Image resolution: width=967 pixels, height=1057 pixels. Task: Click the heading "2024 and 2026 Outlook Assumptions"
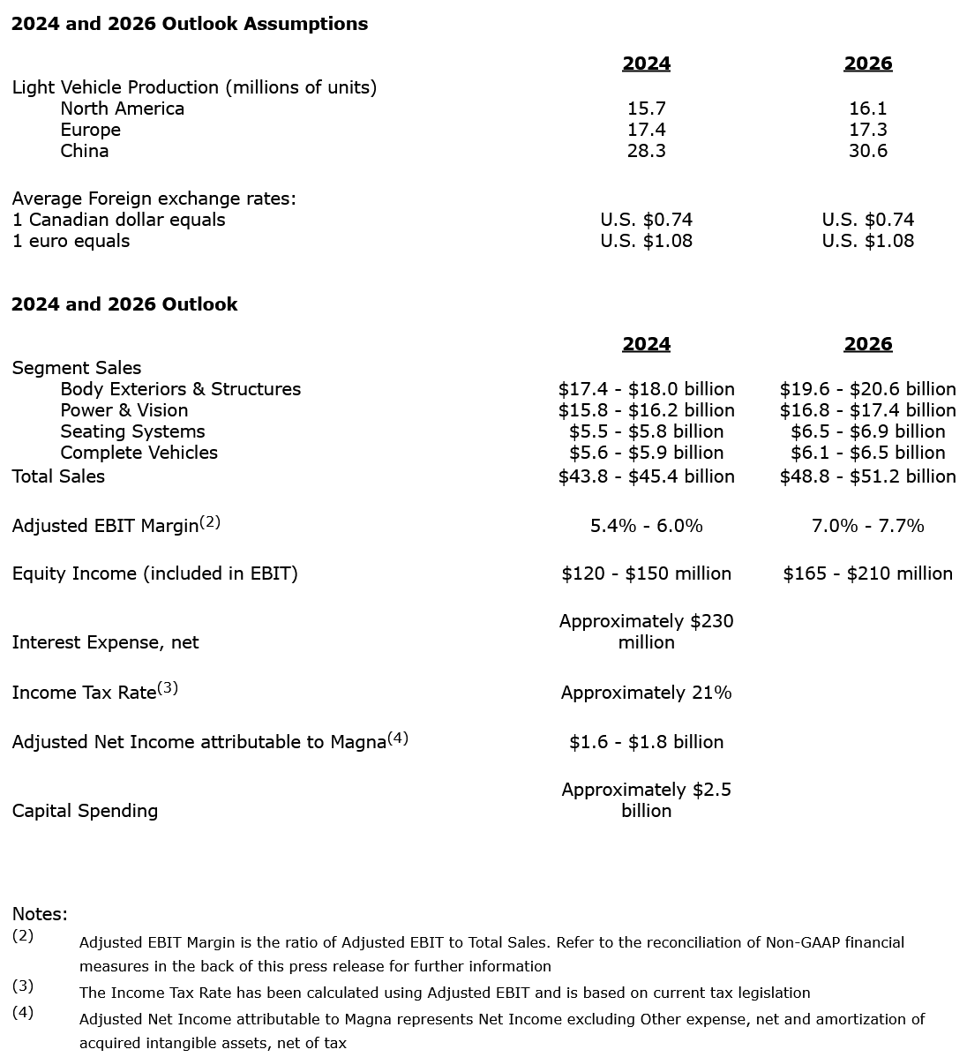pos(190,24)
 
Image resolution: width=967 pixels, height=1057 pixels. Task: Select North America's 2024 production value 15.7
pos(646,109)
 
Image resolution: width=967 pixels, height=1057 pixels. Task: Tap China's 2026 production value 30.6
pos(867,151)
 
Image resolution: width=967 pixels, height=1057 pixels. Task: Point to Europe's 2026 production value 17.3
pos(867,130)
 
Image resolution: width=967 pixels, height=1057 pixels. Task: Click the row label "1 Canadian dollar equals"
pos(119,220)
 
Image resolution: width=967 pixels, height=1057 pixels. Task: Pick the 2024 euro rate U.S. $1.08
pos(646,241)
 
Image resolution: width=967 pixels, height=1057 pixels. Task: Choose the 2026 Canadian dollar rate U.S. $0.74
pos(867,220)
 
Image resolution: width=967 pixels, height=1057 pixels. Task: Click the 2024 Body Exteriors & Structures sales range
pos(646,389)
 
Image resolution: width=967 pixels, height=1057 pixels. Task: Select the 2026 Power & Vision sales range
pos(867,410)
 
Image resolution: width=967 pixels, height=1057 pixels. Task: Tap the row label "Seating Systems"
pos(132,431)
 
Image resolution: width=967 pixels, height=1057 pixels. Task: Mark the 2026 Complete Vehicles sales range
pos(867,453)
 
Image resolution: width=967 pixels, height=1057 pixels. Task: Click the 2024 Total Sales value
pos(646,476)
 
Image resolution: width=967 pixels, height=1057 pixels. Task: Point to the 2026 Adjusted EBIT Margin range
pos(867,526)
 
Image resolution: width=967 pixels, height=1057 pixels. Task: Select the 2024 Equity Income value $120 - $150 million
pos(646,573)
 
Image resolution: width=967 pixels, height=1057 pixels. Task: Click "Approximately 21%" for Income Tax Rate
pos(646,693)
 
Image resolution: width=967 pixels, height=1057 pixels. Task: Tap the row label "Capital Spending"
pos(85,811)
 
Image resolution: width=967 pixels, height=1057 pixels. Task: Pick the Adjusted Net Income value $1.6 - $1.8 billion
pos(646,742)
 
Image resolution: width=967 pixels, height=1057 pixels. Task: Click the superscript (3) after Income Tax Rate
pos(168,688)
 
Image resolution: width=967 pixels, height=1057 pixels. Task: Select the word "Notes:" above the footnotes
pos(40,914)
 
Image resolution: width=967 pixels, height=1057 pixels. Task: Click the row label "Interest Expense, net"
pos(105,642)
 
